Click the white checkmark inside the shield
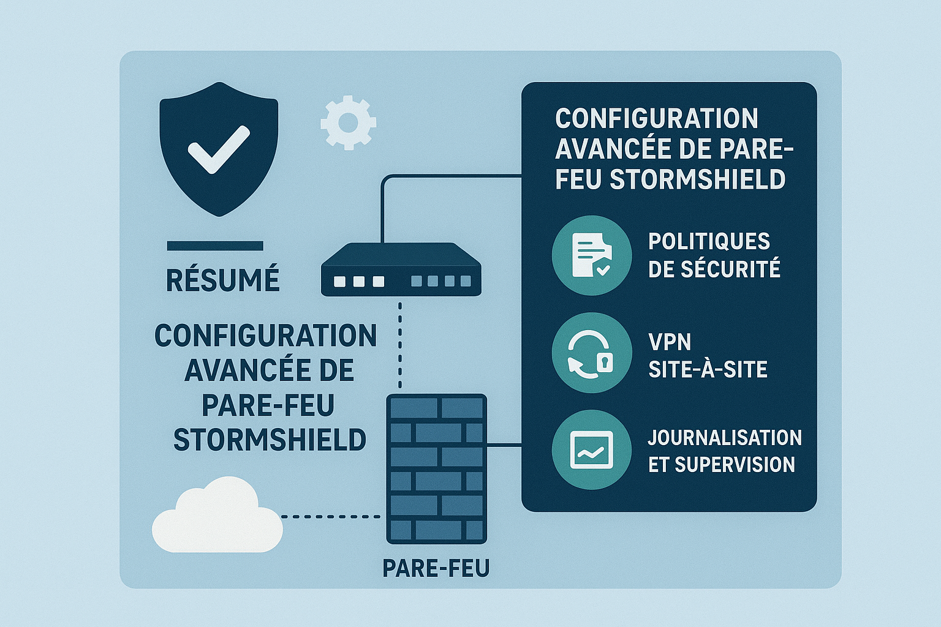coord(218,149)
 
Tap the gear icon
coord(348,122)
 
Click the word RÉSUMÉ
coord(223,280)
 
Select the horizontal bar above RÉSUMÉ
coord(215,246)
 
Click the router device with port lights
coord(401,270)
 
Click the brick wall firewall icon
coord(436,468)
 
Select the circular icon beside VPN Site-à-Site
coord(591,353)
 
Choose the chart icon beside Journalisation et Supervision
coord(591,450)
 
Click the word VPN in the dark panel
coord(670,342)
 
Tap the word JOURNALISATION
coord(725,438)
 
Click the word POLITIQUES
coord(709,241)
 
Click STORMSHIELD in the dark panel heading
coord(698,179)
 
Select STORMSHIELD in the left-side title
coord(270,440)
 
